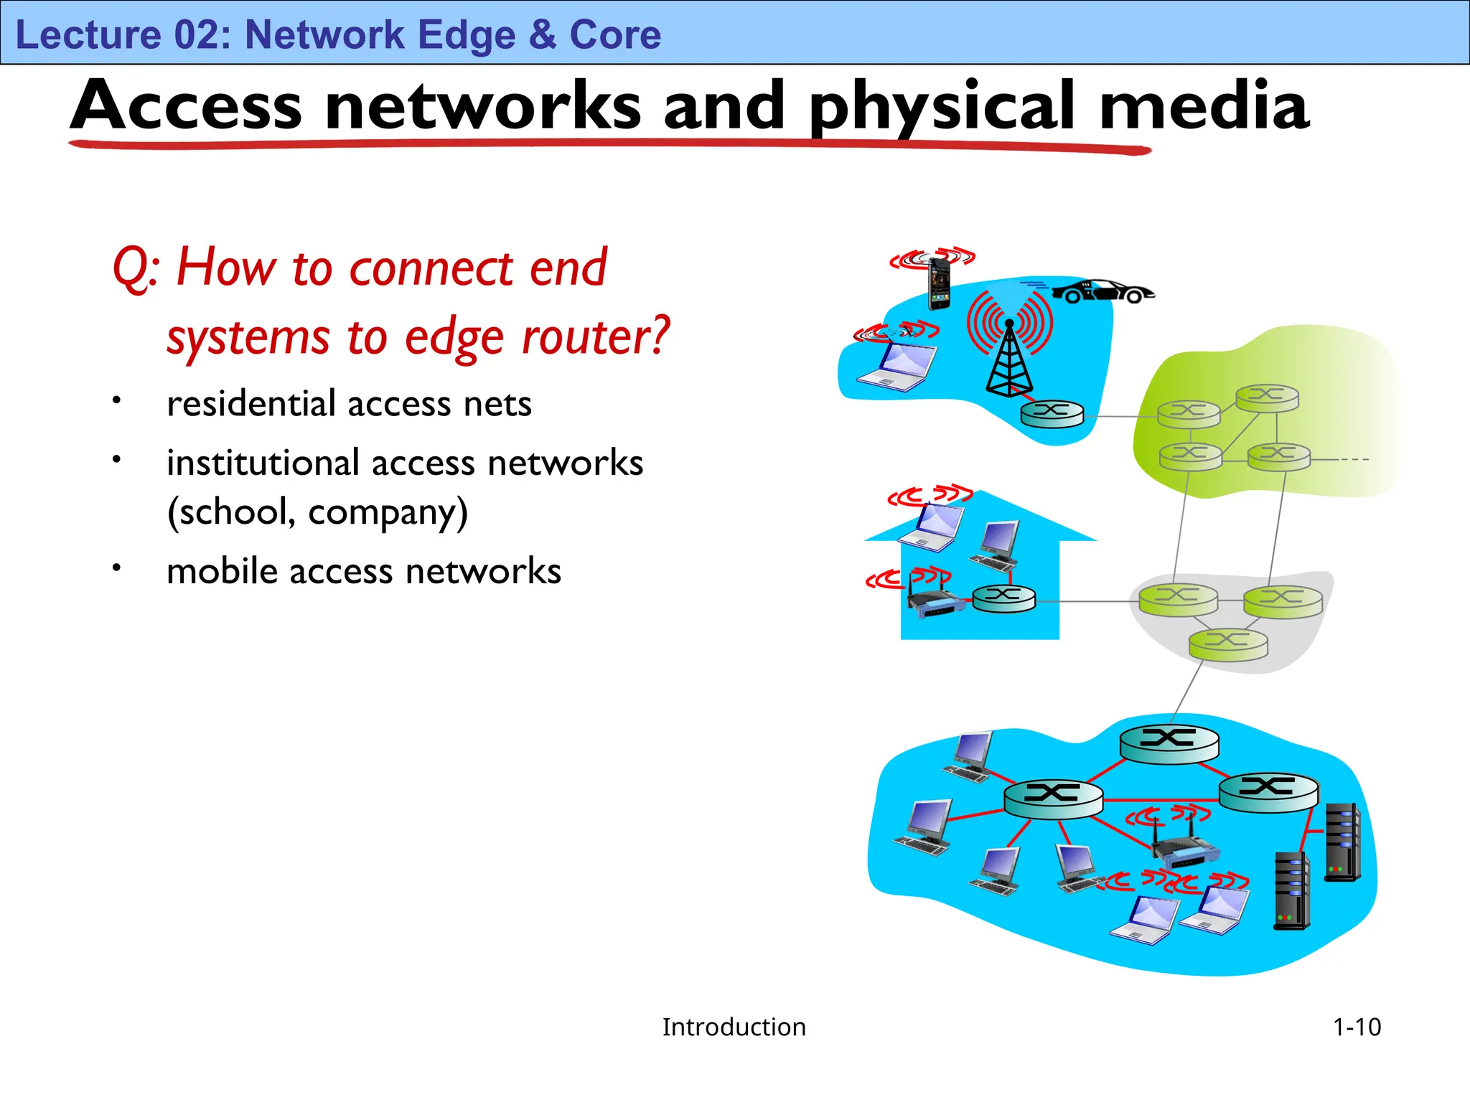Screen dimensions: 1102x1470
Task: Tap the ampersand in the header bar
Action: pos(543,34)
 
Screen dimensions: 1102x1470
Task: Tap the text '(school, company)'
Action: pos(317,512)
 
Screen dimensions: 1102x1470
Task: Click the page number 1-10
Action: pos(1356,1027)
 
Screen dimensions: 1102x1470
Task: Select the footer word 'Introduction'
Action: pos(734,1027)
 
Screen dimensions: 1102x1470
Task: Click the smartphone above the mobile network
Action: pos(939,281)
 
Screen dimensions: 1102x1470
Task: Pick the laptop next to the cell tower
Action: pos(897,366)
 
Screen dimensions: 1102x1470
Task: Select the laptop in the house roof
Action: pos(932,526)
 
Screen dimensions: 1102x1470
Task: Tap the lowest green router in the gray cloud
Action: pos(1228,644)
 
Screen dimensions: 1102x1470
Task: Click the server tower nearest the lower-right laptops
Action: pos(1292,891)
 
